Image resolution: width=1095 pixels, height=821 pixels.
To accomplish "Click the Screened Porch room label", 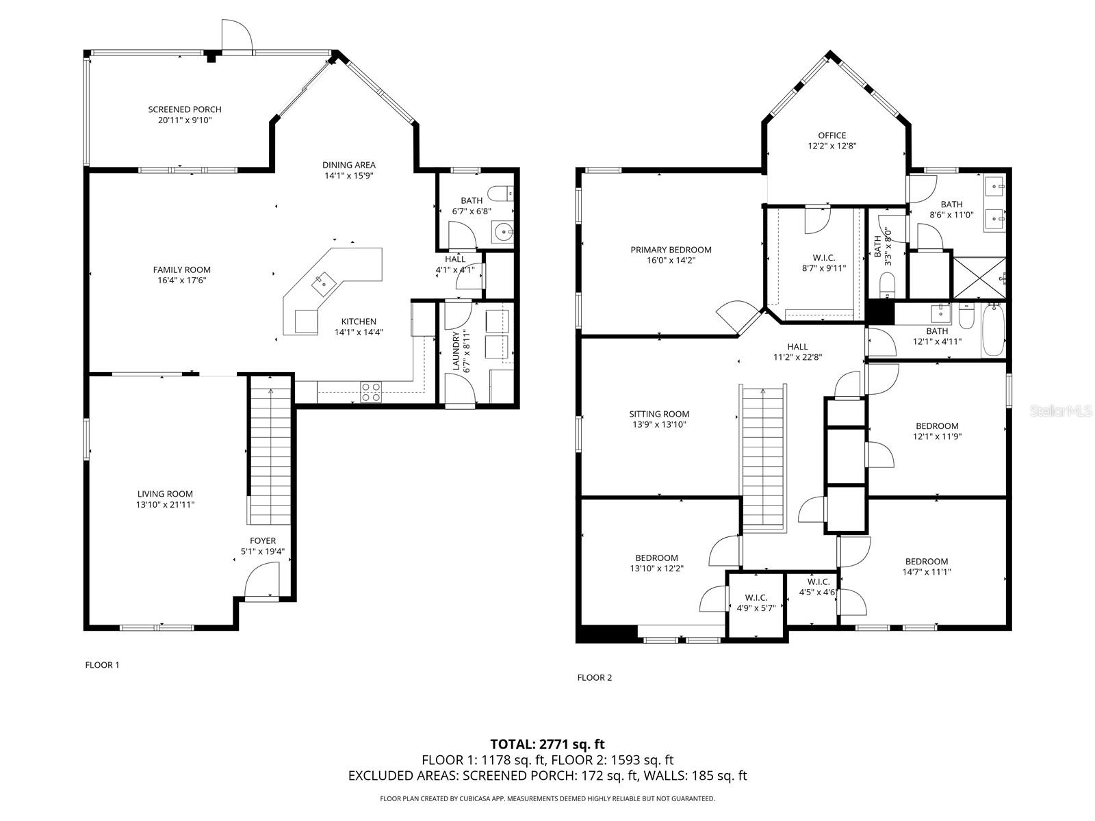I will coord(185,109).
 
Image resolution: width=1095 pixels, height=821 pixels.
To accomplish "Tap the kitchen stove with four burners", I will coord(371,392).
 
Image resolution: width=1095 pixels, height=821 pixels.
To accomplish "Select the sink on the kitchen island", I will coord(322,280).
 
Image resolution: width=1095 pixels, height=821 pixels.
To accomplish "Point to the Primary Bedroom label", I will coord(671,250).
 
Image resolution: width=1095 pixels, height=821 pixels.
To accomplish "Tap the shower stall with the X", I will coord(979,278).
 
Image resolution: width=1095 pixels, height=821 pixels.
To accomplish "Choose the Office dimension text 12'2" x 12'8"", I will coord(832,146).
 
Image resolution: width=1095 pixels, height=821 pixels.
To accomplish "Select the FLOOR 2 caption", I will coord(594,677).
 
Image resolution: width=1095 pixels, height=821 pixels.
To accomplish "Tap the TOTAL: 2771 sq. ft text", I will coord(547,744).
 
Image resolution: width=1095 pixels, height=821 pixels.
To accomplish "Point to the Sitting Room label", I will coord(659,414).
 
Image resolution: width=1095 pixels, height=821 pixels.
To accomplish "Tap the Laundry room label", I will coord(456,350).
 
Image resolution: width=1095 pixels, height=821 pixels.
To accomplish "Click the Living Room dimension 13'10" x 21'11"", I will coord(165,504).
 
